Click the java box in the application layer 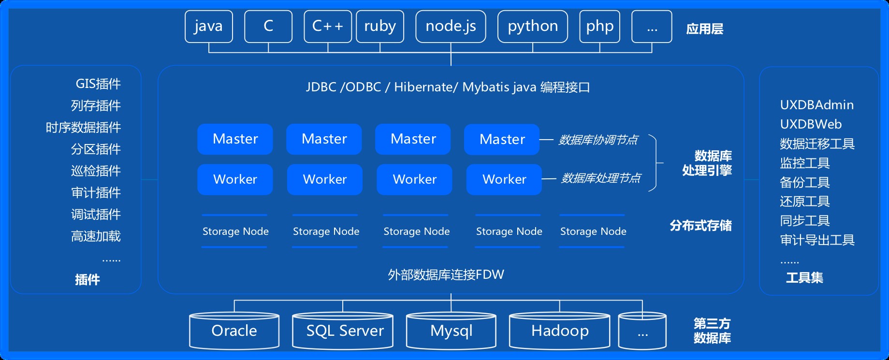tap(209, 27)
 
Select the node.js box tap(451, 27)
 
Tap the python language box tap(532, 27)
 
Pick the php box tap(599, 27)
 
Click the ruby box tap(380, 27)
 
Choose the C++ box tap(328, 27)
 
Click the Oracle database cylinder tap(234, 331)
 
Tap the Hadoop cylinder tap(559, 331)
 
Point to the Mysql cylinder tap(451, 331)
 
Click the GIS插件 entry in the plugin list tap(98, 84)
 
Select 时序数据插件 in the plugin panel tap(83, 128)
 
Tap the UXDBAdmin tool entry tap(816, 105)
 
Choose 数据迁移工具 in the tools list tap(817, 144)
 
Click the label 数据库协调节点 tap(598, 140)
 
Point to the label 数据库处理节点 tap(600, 178)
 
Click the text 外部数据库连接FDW tap(446, 275)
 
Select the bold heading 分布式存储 tap(700, 226)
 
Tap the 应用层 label tap(704, 29)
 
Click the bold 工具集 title tap(804, 278)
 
